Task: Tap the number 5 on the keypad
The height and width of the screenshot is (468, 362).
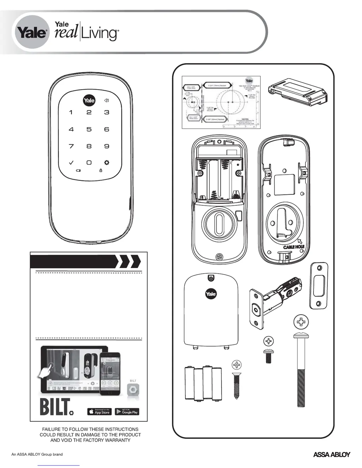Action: click(89, 129)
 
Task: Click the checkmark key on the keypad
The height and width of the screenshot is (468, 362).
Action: click(71, 162)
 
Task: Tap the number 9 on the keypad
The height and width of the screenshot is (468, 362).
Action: click(106, 146)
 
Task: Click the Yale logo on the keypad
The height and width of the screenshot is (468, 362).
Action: click(89, 101)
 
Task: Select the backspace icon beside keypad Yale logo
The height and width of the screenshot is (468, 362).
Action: click(106, 101)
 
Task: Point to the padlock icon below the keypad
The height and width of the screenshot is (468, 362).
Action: click(101, 171)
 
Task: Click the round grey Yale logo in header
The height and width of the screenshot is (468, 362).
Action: click(32, 33)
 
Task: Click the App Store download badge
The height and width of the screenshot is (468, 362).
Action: click(99, 412)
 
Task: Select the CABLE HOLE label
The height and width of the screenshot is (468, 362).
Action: click(293, 247)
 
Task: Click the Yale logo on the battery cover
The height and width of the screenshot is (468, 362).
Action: click(211, 294)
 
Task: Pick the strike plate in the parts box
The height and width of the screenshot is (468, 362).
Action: click(319, 285)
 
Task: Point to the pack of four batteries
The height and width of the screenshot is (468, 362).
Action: click(203, 384)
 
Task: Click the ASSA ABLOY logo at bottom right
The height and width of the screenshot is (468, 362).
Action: click(332, 455)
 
